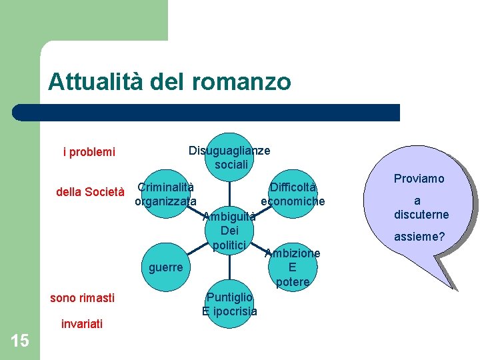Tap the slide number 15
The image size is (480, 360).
(x=19, y=341)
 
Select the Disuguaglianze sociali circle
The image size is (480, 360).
(x=230, y=157)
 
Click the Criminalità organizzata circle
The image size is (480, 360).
(x=166, y=194)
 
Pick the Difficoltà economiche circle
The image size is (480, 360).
(x=293, y=194)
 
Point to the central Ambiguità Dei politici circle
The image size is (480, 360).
(x=230, y=231)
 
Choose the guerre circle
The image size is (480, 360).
(x=166, y=267)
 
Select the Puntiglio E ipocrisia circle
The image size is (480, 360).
(x=230, y=304)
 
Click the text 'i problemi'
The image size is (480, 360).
(x=89, y=152)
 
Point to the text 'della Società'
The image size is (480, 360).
(x=90, y=193)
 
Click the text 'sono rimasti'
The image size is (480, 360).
(x=82, y=297)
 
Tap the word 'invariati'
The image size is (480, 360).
(x=81, y=324)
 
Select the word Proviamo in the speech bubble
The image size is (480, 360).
(x=419, y=179)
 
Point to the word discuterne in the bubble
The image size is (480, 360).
(x=421, y=215)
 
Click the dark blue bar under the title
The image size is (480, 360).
(x=207, y=112)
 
